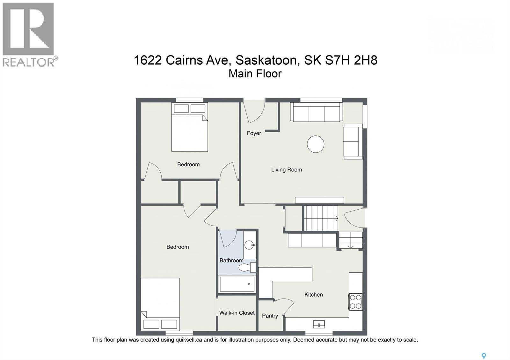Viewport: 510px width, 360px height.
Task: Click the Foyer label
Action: point(254,133)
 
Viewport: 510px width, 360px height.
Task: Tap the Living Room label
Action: point(286,170)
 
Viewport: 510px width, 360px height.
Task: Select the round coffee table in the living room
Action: point(316,144)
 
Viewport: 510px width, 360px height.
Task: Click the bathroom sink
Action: point(249,245)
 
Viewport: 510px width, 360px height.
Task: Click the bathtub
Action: point(237,284)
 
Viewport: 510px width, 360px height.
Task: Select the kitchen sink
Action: point(319,324)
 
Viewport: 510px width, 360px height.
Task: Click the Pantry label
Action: point(270,316)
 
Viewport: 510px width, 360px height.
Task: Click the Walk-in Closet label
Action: point(237,313)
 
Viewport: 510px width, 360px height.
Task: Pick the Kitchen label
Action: point(313,295)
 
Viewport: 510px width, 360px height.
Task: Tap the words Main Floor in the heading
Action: point(255,74)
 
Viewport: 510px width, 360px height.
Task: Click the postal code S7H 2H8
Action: point(351,60)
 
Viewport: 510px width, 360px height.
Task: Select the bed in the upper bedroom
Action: point(189,127)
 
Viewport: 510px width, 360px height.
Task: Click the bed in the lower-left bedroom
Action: point(160,304)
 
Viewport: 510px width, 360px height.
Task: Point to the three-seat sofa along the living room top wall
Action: point(316,112)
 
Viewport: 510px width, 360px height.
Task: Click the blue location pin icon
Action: point(484,356)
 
